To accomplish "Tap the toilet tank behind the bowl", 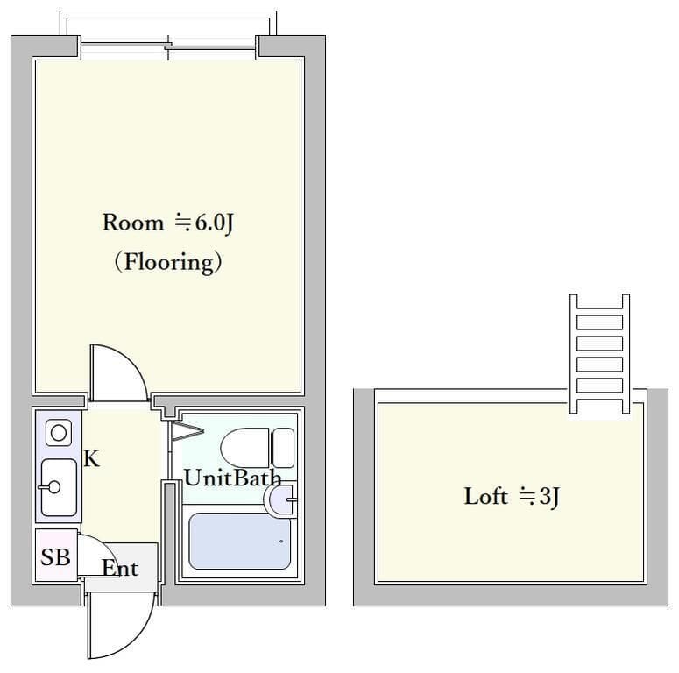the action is [x=284, y=448].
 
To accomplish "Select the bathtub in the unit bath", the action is [x=239, y=541].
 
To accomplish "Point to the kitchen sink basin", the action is [x=59, y=487].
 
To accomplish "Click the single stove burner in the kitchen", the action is [x=59, y=432].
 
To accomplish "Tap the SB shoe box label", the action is [x=55, y=557].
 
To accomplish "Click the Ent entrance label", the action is [x=120, y=568].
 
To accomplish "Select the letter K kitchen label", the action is [x=91, y=458].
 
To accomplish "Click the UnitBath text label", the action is [x=233, y=478].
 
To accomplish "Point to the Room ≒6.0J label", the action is [x=167, y=223].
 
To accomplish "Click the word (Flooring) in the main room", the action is [x=168, y=262].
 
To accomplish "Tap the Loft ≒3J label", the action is [x=512, y=496].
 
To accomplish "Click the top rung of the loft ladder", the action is [x=600, y=322].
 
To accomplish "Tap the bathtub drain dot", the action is [x=281, y=542].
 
